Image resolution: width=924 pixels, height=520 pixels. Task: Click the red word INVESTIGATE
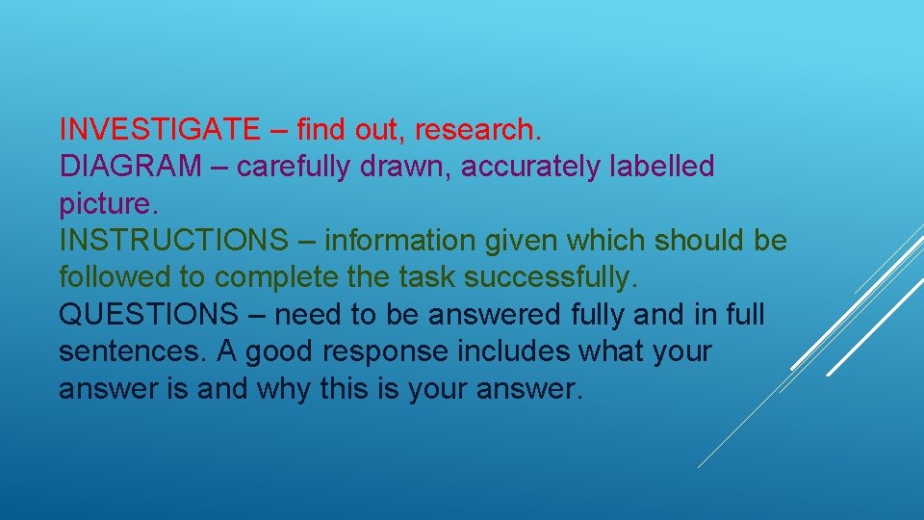[158, 128]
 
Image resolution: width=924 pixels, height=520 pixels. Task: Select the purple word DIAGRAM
[130, 166]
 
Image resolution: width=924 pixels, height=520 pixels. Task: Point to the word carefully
[294, 167]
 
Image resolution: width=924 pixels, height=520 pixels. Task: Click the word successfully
[551, 278]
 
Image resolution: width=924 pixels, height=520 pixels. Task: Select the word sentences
[129, 352]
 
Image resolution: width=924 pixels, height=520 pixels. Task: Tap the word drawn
[405, 166]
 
